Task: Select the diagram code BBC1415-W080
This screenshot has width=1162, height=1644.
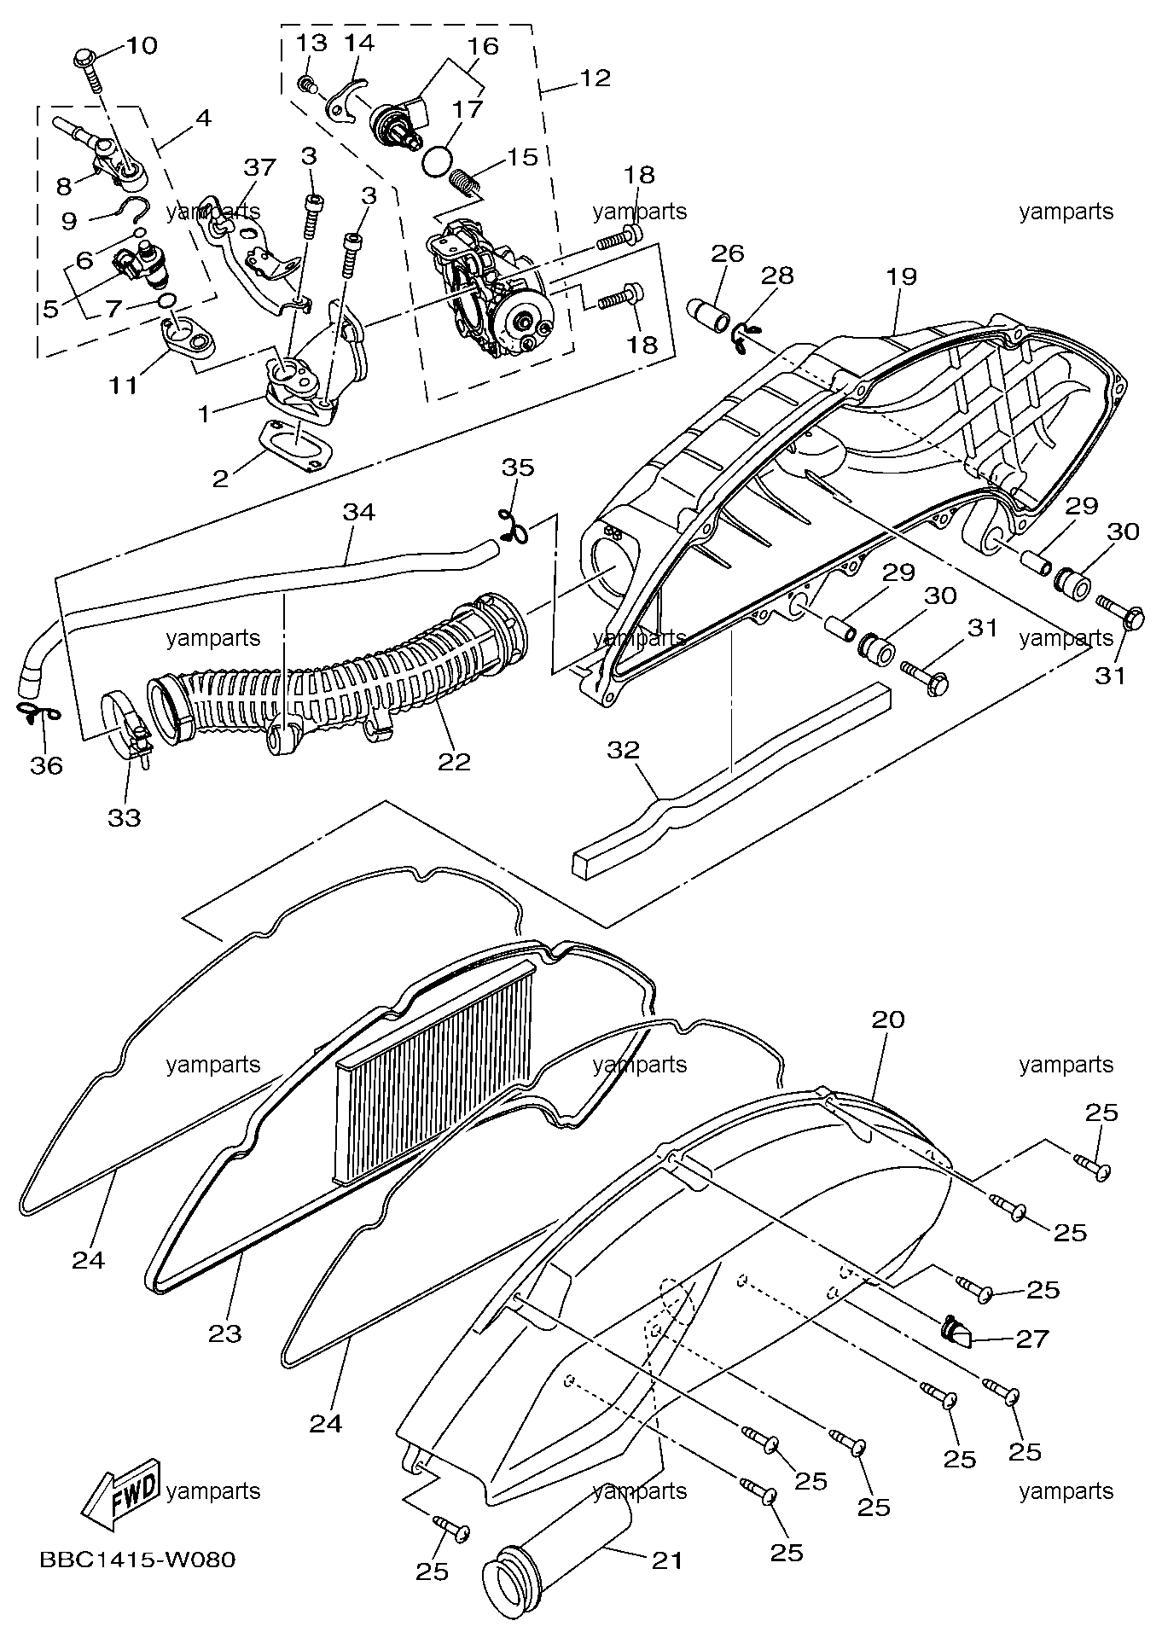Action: click(137, 1560)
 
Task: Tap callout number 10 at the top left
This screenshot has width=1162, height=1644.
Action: click(142, 45)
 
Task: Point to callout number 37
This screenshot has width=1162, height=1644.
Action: click(259, 166)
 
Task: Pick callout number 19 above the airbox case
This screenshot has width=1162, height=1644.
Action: click(901, 276)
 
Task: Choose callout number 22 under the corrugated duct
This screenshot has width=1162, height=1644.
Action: click(454, 761)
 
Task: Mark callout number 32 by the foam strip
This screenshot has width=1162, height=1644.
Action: click(624, 750)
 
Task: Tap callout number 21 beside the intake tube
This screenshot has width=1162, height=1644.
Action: click(667, 1561)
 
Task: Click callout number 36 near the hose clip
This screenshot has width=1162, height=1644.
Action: click(47, 765)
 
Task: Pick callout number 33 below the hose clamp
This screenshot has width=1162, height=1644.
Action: click(125, 817)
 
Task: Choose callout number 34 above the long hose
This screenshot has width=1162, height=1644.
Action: click(359, 512)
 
